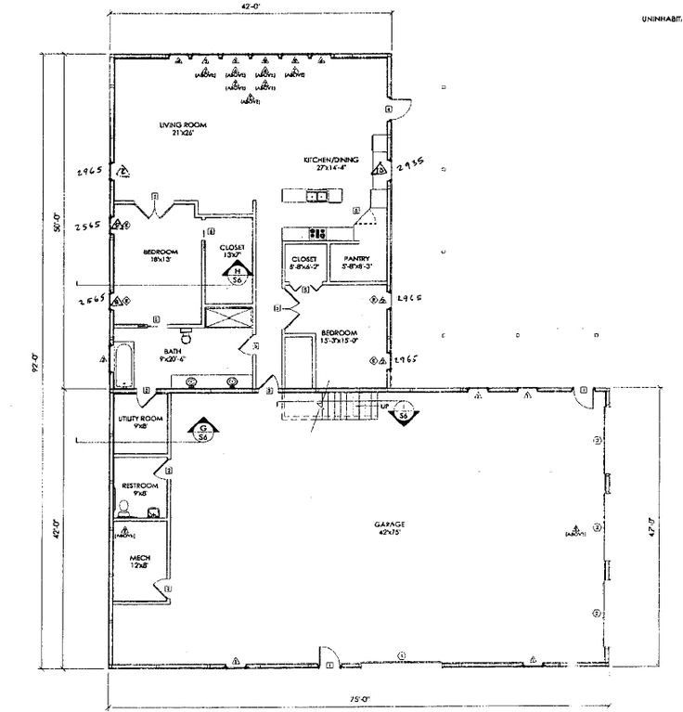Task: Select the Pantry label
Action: tap(356, 262)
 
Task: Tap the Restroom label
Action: tap(141, 489)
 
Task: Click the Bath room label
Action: tap(173, 355)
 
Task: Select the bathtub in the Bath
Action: tap(124, 367)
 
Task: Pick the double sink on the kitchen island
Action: tap(317, 196)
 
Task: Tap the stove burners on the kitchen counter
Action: tap(317, 233)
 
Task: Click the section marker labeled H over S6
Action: tap(237, 273)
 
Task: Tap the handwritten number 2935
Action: tap(410, 163)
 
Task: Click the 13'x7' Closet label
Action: tap(232, 252)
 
